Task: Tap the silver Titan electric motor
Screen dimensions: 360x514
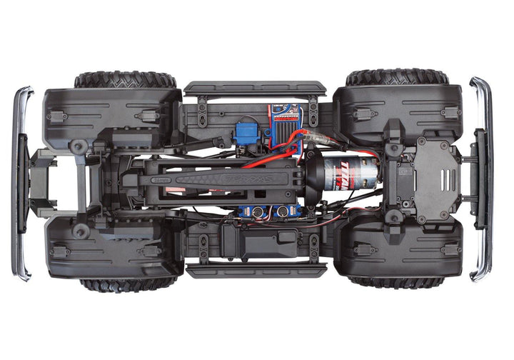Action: [x=354, y=175]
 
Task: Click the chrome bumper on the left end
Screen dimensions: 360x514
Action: [x=23, y=183]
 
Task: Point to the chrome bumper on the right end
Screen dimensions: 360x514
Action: [x=483, y=179]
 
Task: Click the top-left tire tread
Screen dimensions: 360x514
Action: [x=125, y=79]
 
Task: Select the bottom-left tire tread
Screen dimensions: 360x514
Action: [x=126, y=284]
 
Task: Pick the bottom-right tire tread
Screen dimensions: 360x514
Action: [x=396, y=281]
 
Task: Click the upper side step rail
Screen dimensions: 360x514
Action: [x=255, y=89]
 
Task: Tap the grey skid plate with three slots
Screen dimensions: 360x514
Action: [x=433, y=179]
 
